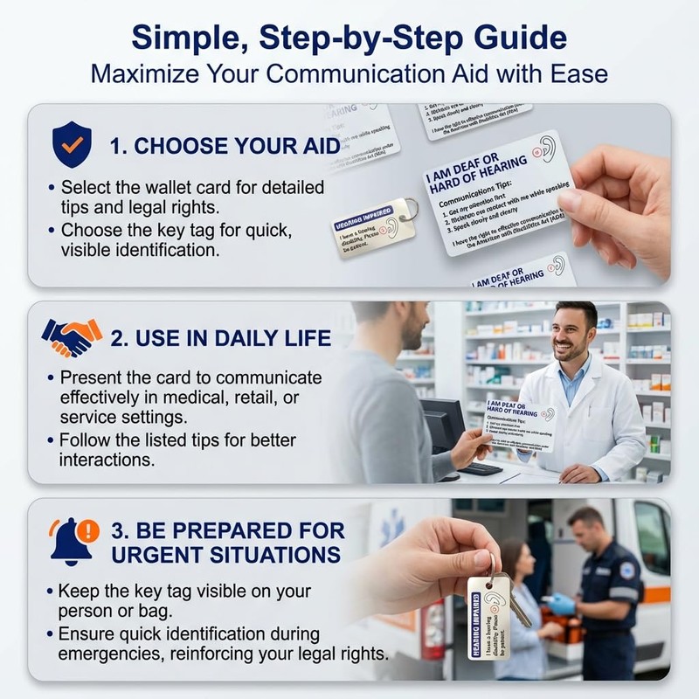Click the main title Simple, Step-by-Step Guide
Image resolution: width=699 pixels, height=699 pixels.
(349, 38)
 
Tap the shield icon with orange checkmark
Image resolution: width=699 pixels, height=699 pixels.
(71, 144)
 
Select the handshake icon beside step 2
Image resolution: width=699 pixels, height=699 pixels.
(72, 337)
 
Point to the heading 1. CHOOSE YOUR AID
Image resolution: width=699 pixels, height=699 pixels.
(225, 146)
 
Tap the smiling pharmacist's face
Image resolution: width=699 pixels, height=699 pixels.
(576, 333)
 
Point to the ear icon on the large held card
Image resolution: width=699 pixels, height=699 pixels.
(548, 148)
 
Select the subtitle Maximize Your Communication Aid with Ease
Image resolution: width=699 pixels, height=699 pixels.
(349, 74)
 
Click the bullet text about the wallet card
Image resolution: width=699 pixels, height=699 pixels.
(190, 197)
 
